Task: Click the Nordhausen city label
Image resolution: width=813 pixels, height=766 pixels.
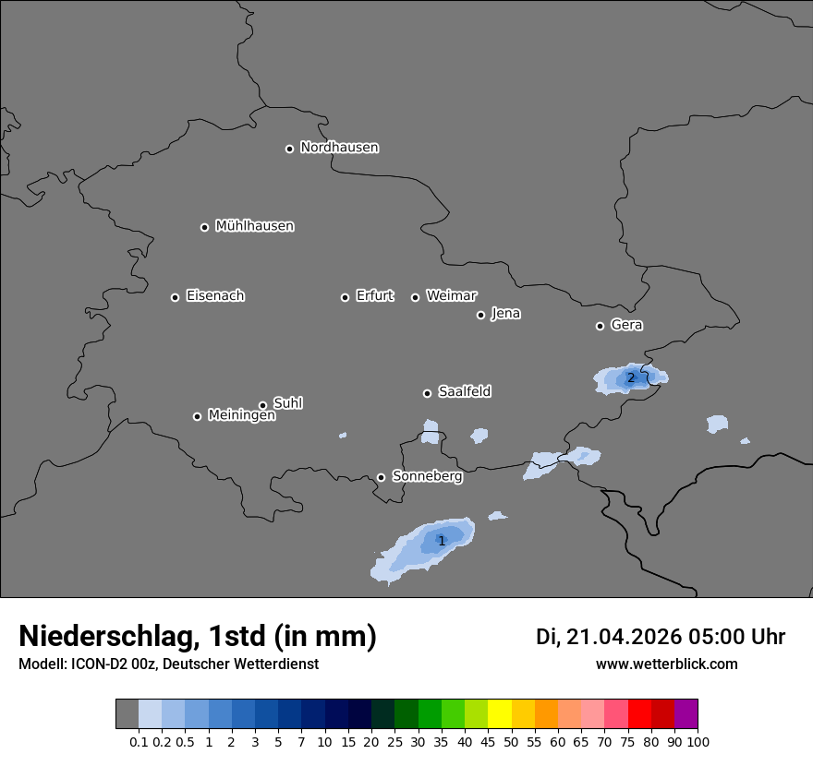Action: [x=339, y=148]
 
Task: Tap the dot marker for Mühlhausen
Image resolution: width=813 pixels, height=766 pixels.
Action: [x=205, y=227]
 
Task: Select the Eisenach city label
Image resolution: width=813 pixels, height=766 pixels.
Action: [x=215, y=296]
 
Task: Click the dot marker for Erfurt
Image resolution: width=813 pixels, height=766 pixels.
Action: [x=346, y=297]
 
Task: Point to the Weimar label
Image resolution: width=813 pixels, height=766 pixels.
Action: [x=451, y=296]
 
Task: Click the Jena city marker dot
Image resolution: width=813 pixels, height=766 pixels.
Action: [x=480, y=315]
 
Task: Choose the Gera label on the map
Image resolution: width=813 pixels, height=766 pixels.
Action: [x=626, y=325]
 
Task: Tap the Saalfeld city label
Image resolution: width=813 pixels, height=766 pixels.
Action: [x=464, y=392]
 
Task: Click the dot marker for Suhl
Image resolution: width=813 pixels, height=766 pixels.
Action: [x=263, y=405]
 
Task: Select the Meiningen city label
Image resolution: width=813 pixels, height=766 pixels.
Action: [x=241, y=416]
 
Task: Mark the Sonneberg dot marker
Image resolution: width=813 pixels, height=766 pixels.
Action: [x=381, y=477]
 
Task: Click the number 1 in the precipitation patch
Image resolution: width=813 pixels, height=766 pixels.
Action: [x=442, y=541]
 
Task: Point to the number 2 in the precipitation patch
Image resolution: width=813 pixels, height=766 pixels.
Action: [x=631, y=377]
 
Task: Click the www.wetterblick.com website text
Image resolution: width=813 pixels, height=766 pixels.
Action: [x=666, y=664]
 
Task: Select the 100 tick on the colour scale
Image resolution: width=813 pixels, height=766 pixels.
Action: [x=698, y=741]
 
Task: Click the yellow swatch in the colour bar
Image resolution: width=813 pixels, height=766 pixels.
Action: [x=500, y=714]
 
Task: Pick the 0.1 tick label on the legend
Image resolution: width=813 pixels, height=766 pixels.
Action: [x=140, y=741]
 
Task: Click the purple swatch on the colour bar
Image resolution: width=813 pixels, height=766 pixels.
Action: [x=686, y=714]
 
